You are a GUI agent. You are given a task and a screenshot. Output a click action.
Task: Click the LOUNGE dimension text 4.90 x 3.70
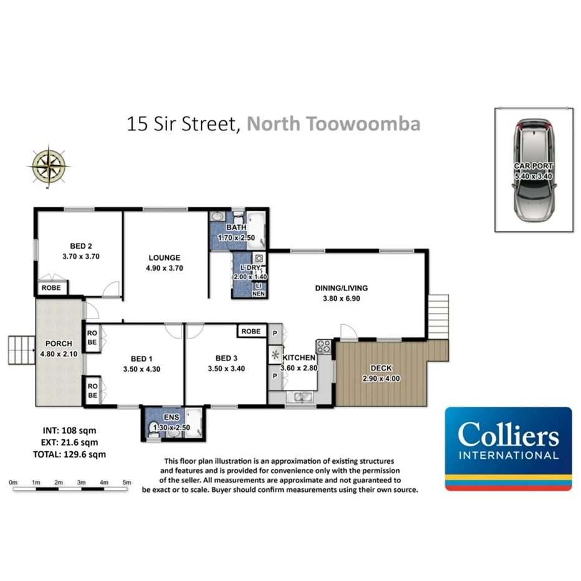(x=165, y=268)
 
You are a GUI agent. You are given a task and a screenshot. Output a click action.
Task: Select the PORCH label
(x=59, y=343)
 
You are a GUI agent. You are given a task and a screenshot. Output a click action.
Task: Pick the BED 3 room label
(x=226, y=358)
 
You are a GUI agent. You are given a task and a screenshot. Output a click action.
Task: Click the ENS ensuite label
(x=171, y=416)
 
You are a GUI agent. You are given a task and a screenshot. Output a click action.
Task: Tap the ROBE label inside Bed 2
(x=50, y=288)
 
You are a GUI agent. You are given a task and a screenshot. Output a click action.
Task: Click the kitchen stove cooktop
(x=324, y=347)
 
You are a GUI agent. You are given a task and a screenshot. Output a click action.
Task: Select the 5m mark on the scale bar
(x=127, y=483)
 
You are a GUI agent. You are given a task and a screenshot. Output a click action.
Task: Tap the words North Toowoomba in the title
(x=334, y=123)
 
